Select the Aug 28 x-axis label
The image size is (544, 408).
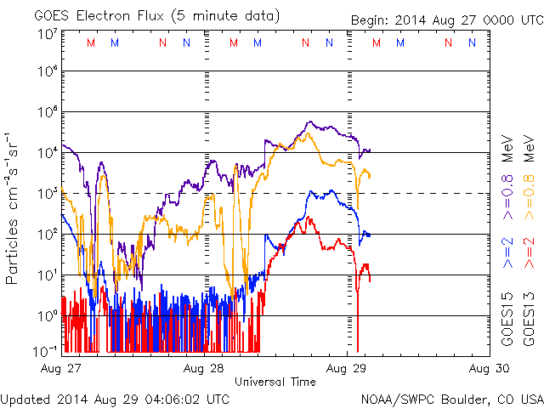pyautogui.click(x=204, y=369)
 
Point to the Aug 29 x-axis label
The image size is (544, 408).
pyautogui.click(x=348, y=369)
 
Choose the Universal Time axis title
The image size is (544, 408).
pyautogui.click(x=275, y=382)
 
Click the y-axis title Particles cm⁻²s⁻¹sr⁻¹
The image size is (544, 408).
pyautogui.click(x=14, y=207)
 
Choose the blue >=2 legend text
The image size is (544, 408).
pyautogui.click(x=507, y=253)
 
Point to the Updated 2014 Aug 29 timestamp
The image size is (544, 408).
pyautogui.click(x=115, y=399)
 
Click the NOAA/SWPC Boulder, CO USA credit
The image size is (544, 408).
pyautogui.click(x=451, y=399)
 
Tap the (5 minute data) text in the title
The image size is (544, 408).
pyautogui.click(x=224, y=14)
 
